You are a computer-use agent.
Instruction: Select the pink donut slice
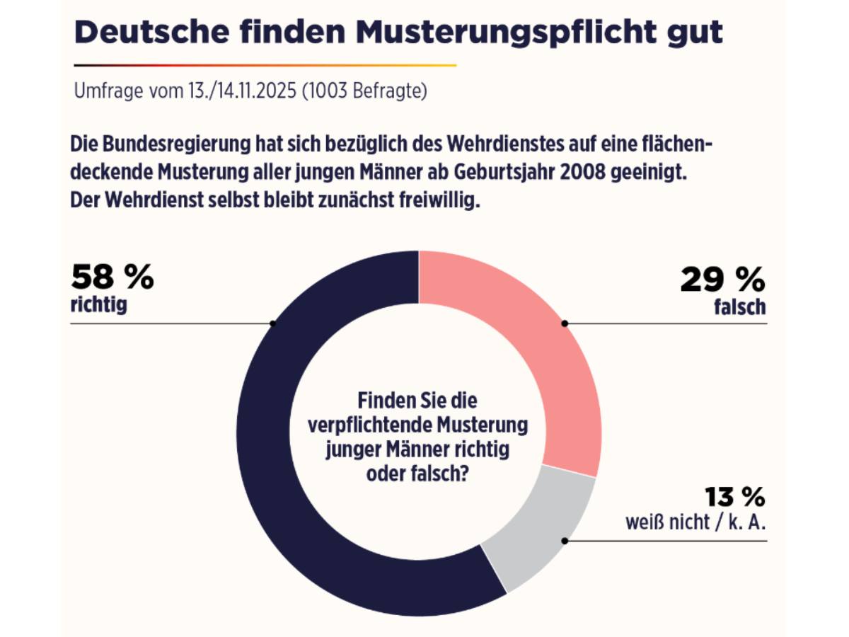538,354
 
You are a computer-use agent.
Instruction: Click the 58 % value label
112,278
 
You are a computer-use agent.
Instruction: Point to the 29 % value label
722,280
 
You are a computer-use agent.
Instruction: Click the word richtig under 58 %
99,306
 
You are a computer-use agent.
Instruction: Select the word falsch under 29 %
740,307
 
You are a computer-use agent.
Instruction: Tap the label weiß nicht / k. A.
696,524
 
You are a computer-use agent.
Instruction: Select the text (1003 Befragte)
364,92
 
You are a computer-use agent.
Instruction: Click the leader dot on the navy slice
273,323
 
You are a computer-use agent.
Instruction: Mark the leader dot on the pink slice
565,323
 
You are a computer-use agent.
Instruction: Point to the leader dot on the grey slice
565,541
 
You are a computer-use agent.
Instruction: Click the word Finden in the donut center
386,401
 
